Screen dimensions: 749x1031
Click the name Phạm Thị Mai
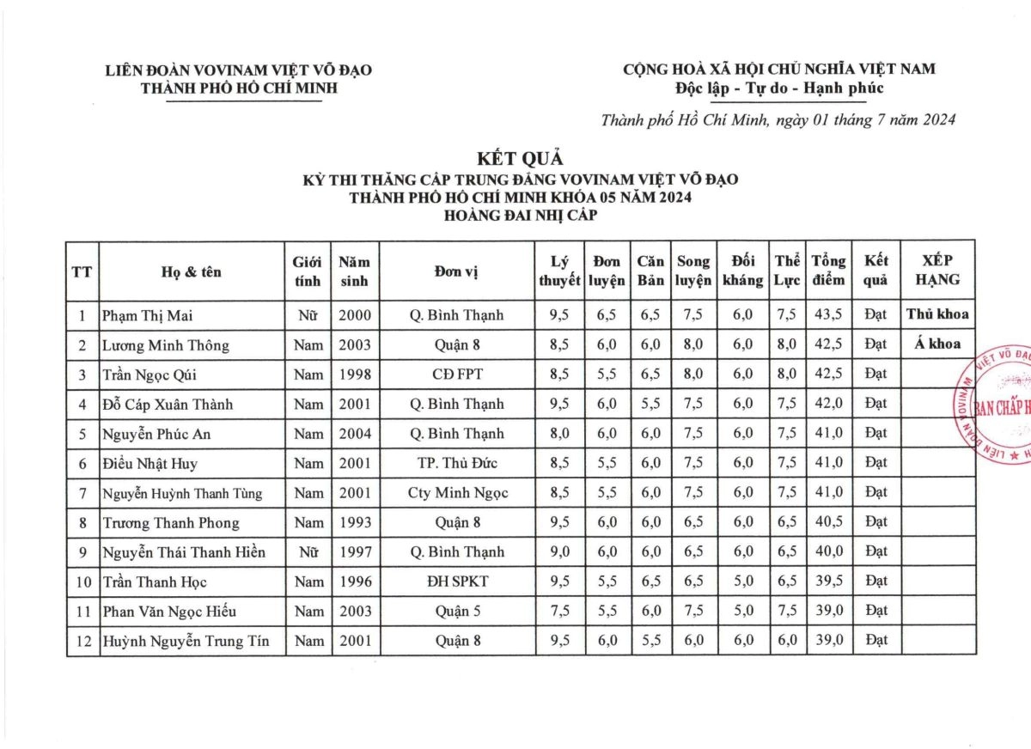[148, 315]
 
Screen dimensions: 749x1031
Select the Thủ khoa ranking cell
[937, 314]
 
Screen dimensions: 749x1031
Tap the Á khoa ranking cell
[937, 344]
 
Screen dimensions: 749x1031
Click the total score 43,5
[828, 315]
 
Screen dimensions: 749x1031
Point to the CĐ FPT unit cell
[456, 374]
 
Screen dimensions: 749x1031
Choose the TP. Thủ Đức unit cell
[456, 464]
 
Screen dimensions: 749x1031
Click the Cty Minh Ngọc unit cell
[456, 493]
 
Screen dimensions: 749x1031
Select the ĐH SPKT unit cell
[456, 582]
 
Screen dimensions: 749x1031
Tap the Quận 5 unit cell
[456, 612]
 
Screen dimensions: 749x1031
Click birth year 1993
[355, 523]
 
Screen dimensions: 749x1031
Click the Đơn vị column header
[456, 271]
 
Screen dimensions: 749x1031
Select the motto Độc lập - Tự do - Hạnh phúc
[779, 88]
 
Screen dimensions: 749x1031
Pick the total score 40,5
[828, 523]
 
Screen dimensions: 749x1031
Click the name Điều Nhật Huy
[149, 464]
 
